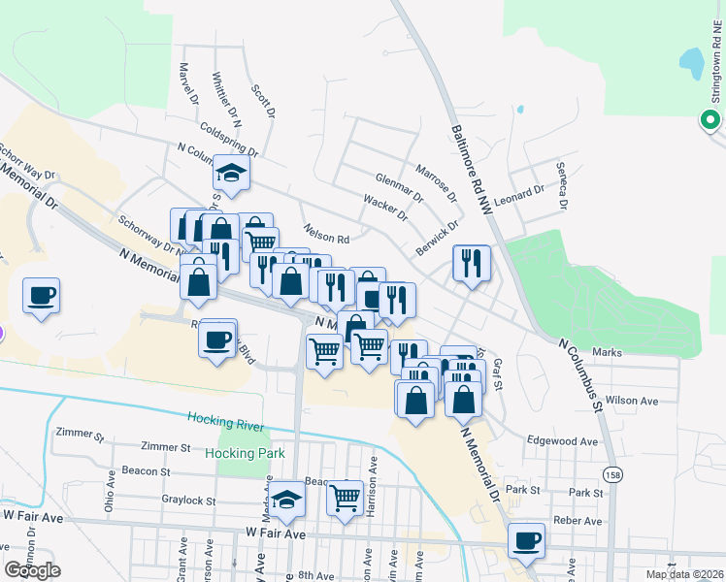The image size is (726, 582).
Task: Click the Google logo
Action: coord(33,570)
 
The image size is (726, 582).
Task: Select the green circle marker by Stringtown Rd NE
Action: coord(710,120)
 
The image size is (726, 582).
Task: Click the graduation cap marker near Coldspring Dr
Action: coord(232,172)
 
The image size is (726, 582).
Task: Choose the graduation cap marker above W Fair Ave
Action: coord(287,498)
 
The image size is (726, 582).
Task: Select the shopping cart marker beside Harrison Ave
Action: coord(345,498)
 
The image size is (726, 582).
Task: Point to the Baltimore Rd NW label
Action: coord(471,169)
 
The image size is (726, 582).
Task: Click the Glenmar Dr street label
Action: coord(399,188)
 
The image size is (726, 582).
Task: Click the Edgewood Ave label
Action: coord(562,440)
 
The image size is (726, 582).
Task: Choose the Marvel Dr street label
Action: coord(188,84)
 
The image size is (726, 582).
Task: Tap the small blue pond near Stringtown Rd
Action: coord(691,63)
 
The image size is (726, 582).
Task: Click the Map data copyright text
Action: coord(682,574)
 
